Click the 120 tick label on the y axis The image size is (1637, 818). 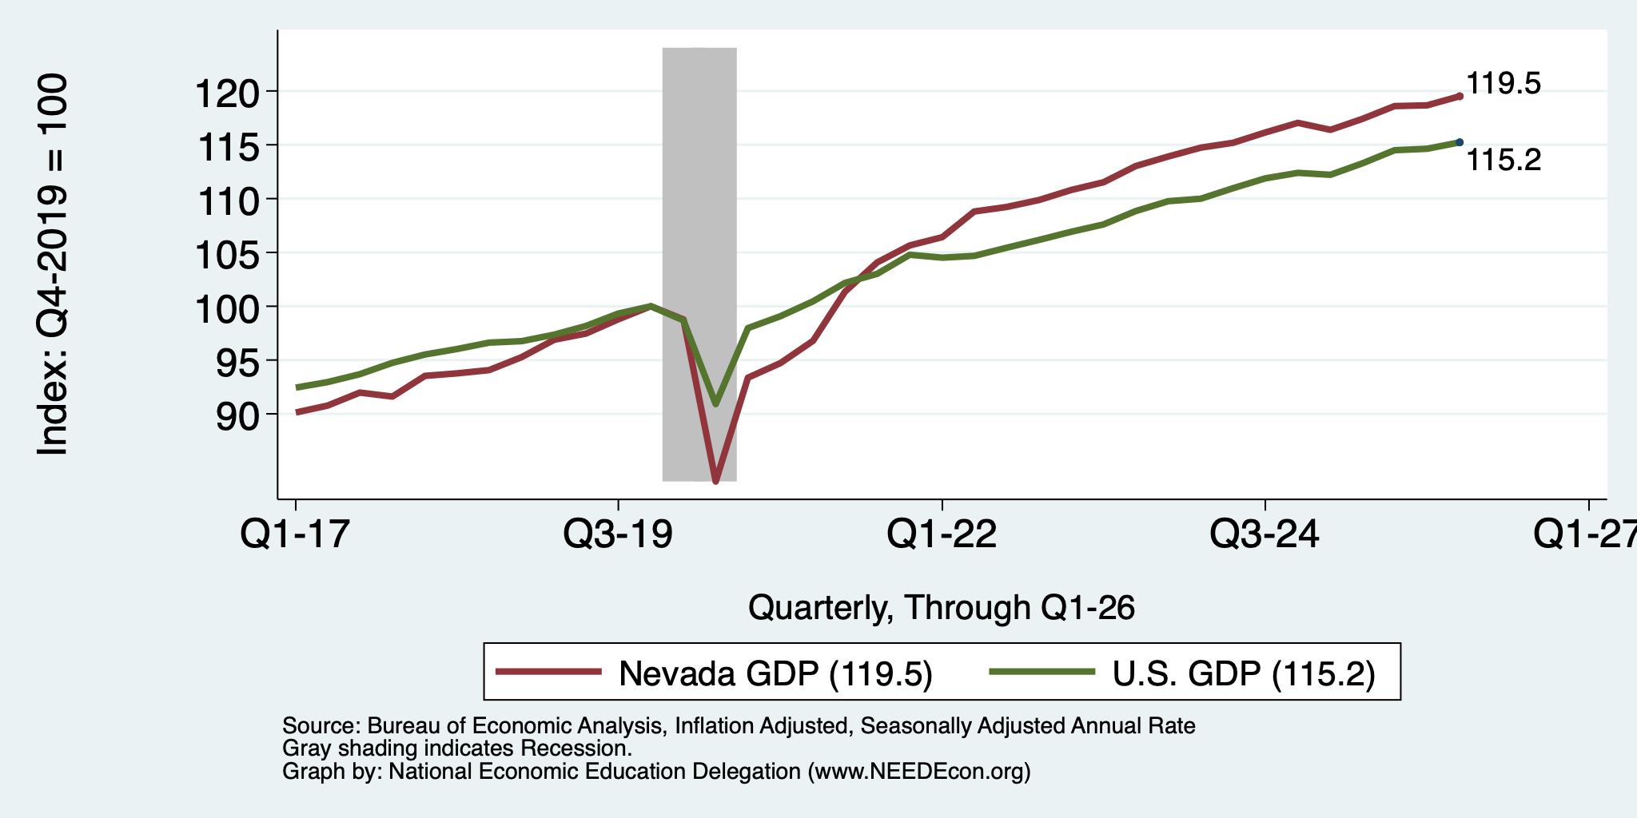point(228,93)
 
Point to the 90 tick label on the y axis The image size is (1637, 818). point(239,416)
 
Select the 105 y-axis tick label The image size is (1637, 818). point(228,255)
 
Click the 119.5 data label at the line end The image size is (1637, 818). point(1504,84)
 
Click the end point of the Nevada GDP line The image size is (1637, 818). point(1460,96)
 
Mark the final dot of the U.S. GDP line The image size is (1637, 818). point(1460,142)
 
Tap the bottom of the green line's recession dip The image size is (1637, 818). point(715,404)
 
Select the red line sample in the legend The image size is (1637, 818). point(548,672)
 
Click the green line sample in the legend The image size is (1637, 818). point(1042,672)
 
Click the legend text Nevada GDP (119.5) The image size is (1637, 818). point(775,673)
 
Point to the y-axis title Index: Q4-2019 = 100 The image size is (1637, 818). point(53,264)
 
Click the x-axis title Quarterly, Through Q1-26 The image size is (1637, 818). point(942,609)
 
